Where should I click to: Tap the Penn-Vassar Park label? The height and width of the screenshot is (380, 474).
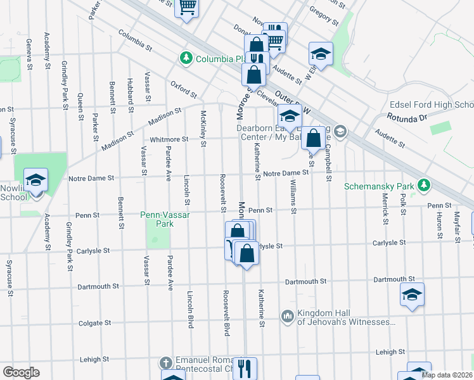[x=164, y=219]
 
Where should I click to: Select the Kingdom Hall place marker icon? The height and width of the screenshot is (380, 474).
[x=288, y=315]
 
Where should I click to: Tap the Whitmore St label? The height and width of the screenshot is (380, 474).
[x=169, y=139]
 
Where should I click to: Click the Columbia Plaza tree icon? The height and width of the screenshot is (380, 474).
[x=186, y=59]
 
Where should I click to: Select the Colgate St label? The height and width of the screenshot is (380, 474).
[x=96, y=323]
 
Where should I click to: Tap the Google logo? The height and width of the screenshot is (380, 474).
[x=21, y=372]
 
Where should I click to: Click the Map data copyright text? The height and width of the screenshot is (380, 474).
[x=447, y=375]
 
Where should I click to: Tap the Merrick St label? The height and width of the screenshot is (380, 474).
[x=385, y=212]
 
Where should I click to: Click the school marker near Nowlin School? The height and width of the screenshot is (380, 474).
[x=36, y=180]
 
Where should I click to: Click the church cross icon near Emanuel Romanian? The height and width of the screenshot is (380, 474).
[x=165, y=363]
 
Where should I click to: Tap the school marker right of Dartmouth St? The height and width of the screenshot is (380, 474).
[x=412, y=294]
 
